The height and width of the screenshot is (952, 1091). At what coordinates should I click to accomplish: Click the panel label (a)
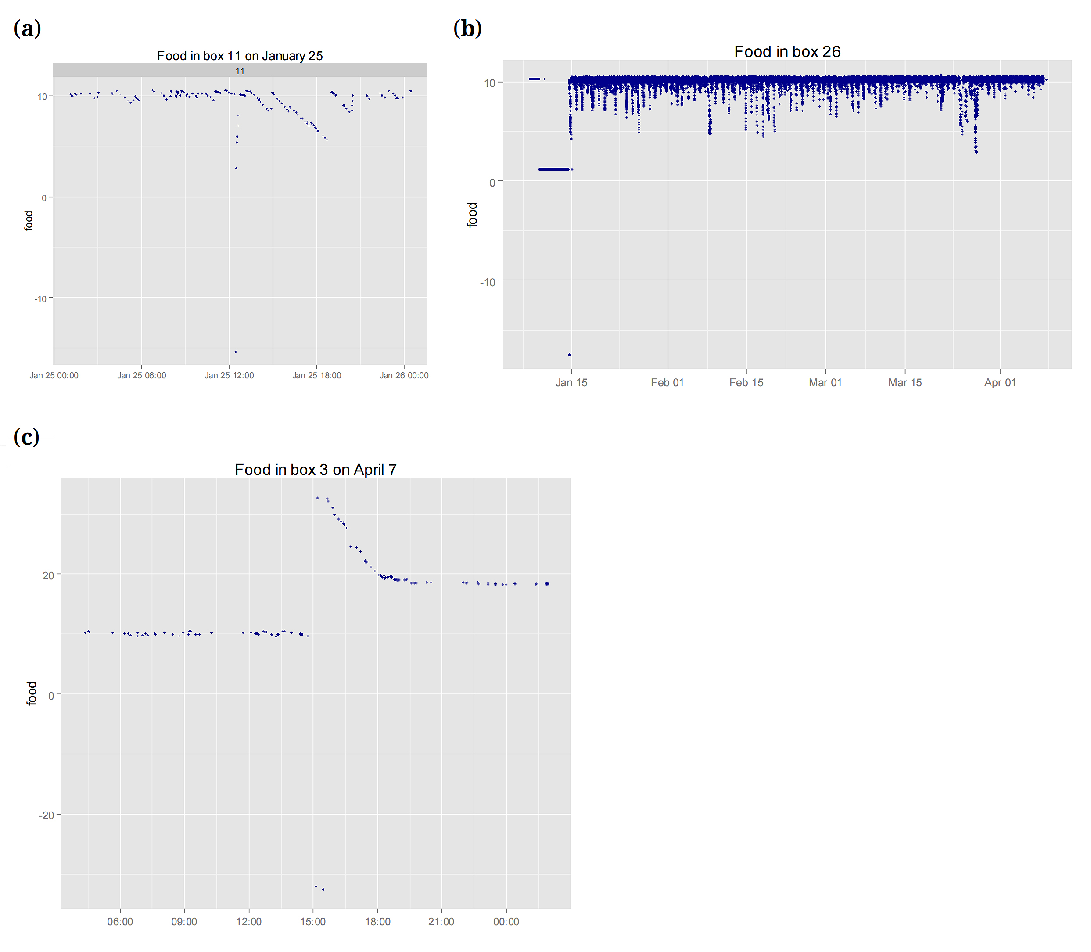pyautogui.click(x=27, y=29)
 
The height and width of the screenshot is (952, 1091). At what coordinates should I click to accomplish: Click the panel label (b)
pyautogui.click(x=467, y=29)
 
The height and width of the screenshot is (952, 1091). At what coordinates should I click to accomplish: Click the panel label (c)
pyautogui.click(x=27, y=437)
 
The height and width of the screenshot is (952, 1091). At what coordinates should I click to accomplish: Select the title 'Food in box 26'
pyautogui.click(x=787, y=51)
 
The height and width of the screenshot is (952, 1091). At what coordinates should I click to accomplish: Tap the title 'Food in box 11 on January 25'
pyautogui.click(x=240, y=56)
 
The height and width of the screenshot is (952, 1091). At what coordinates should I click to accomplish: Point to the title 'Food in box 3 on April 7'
pyautogui.click(x=316, y=470)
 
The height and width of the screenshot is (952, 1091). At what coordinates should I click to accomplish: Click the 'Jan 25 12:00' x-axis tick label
pyautogui.click(x=229, y=376)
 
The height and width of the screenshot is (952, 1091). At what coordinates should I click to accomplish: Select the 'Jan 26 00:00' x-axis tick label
pyautogui.click(x=404, y=376)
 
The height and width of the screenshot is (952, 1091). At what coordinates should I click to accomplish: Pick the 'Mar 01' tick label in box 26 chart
pyautogui.click(x=825, y=382)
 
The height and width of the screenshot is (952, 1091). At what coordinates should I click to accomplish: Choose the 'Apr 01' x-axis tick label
pyautogui.click(x=1000, y=382)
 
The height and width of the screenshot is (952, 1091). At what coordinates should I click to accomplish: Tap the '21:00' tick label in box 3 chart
pyautogui.click(x=441, y=922)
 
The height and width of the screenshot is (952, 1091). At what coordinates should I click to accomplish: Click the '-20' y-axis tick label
pyautogui.click(x=47, y=815)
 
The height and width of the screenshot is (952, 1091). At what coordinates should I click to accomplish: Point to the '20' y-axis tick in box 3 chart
pyautogui.click(x=48, y=575)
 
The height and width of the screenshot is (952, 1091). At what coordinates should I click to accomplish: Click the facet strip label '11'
pyautogui.click(x=240, y=71)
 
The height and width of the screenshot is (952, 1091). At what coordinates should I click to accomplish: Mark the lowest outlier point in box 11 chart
pyautogui.click(x=236, y=352)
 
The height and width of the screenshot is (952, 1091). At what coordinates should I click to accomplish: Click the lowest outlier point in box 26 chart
pyautogui.click(x=569, y=354)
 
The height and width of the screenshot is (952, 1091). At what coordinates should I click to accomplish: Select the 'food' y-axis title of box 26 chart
pyautogui.click(x=472, y=215)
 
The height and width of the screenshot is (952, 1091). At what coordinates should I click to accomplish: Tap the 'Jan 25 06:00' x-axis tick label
pyautogui.click(x=141, y=376)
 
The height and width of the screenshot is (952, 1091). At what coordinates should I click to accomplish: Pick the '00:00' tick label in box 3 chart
pyautogui.click(x=506, y=922)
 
